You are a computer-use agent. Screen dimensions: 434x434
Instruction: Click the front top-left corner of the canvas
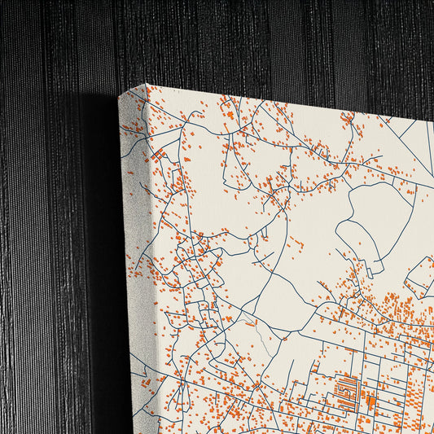click(147, 85)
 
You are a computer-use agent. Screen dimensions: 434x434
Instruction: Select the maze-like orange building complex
click(346, 390)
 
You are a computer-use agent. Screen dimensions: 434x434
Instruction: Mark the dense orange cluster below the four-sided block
click(399, 309)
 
